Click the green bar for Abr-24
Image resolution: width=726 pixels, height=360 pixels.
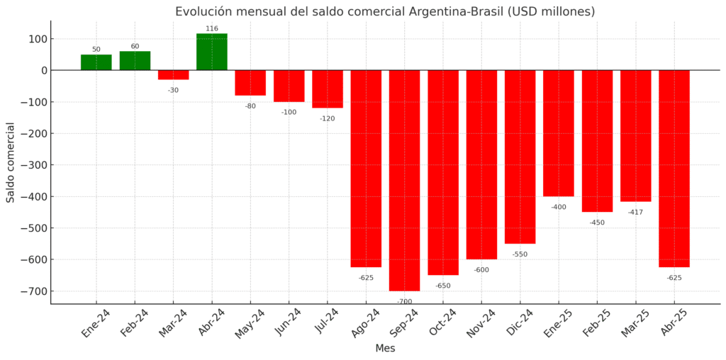point(212,52)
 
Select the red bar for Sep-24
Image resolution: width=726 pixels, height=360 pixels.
point(404,180)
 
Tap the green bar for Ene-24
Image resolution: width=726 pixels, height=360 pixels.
point(96,62)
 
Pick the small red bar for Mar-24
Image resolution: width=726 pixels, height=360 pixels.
point(174,74)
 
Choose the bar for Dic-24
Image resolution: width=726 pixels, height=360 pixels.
point(520,157)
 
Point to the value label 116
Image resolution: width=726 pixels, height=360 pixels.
point(212,29)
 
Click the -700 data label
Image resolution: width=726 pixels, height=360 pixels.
point(404,301)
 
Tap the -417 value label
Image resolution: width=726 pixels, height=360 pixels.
point(635,212)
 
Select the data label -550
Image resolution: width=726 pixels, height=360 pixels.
point(520,254)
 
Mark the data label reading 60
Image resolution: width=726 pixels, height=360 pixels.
point(135,47)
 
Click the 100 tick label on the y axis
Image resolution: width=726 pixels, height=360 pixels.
point(36,39)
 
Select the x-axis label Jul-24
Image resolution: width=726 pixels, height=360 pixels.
point(327,322)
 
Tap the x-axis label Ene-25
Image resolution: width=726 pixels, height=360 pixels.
point(558,322)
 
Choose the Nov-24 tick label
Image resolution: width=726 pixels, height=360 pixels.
point(481,323)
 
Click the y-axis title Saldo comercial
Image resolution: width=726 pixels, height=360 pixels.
point(11,162)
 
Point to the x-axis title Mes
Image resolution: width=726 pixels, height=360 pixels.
point(385,349)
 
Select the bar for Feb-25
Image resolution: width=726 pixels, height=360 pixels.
point(597,141)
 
